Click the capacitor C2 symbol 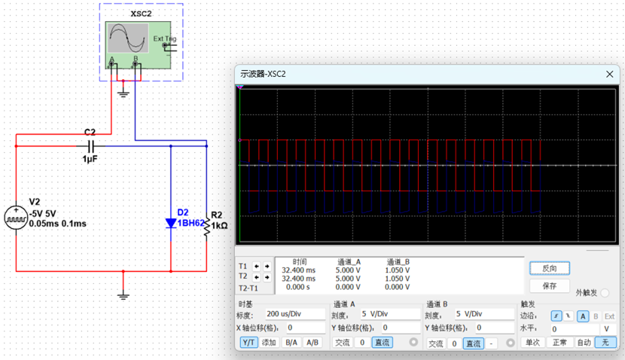pos(90,145)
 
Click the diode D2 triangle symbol pos(171,222)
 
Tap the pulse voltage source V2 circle pos(16,218)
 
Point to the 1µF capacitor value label pos(90,160)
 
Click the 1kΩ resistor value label pos(220,225)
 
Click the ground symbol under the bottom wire pos(123,294)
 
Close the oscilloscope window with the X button pos(609,74)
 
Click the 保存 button pos(549,286)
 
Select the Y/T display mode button pos(248,343)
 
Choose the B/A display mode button pos(291,343)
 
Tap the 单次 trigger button pos(533,343)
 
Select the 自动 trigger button pos(584,343)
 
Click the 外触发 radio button pos(605,293)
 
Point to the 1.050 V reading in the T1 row pos(397,269)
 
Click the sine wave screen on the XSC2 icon pos(127,37)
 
